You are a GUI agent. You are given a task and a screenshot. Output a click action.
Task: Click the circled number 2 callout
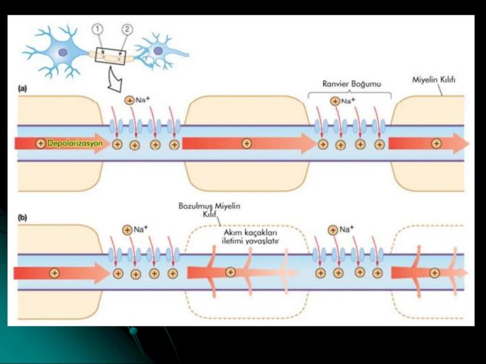[126, 29]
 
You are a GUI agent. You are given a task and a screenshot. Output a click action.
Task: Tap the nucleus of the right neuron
[157, 51]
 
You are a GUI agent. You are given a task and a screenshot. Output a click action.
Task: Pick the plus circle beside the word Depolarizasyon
[41, 144]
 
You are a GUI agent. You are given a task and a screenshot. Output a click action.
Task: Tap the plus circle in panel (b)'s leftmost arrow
[55, 273]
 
